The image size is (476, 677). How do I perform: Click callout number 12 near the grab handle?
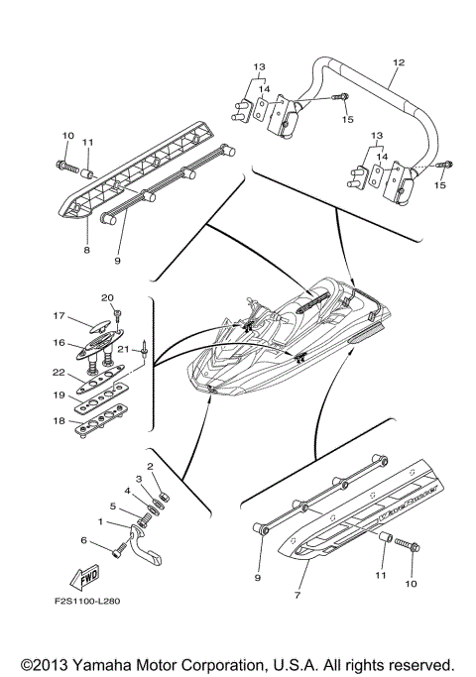[398, 62]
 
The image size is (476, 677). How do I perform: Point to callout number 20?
[107, 297]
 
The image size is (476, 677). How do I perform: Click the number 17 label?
[59, 317]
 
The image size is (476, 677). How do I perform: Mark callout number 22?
[59, 373]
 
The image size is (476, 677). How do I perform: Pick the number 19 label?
[59, 395]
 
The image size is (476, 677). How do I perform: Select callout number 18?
[59, 420]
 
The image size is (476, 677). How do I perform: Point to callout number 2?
[150, 466]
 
